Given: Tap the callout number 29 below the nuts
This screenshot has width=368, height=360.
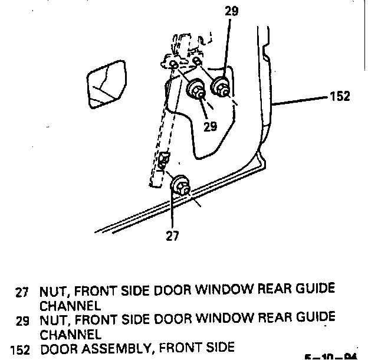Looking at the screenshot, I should tap(210, 126).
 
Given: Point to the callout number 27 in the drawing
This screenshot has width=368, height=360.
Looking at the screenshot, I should tap(171, 236).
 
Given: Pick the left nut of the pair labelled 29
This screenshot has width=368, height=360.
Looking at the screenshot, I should tap(196, 90).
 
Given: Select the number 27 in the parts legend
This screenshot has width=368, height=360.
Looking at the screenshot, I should tap(22, 292).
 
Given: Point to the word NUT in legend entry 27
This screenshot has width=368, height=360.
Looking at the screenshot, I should tap(52, 291).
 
